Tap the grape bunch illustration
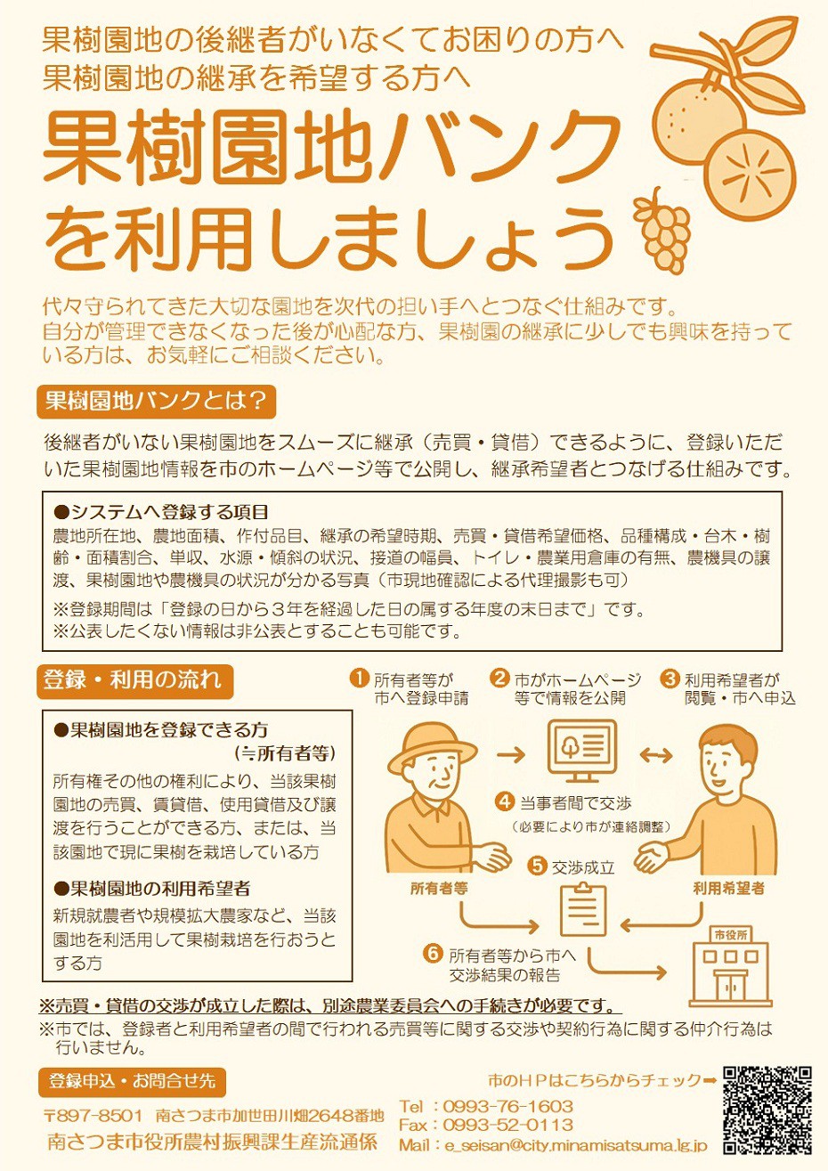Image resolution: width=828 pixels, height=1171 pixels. [662, 230]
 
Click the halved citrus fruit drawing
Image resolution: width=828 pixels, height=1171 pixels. [751, 172]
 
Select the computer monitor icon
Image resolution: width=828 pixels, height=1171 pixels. [581, 750]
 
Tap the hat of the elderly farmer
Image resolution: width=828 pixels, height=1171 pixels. [433, 744]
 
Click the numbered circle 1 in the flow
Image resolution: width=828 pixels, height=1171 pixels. [359, 678]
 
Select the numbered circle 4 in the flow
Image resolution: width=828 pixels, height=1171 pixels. [505, 801]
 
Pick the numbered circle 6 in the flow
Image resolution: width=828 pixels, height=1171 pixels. [434, 953]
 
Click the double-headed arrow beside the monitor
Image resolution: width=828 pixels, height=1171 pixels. [656, 754]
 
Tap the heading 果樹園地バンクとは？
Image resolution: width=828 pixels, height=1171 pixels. [157, 401]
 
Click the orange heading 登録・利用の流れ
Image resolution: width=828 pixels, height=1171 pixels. [134, 681]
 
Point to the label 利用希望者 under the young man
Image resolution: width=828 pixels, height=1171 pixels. [728, 888]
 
